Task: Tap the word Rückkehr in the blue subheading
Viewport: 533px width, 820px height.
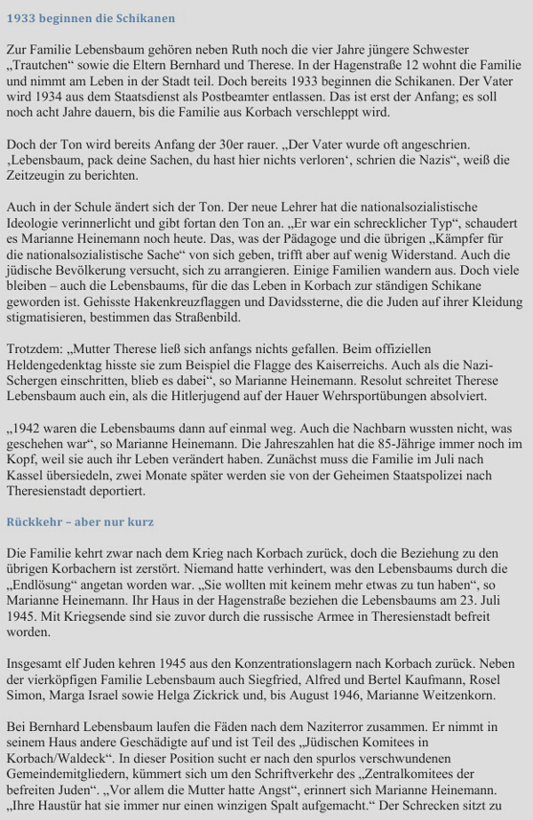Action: click(x=35, y=521)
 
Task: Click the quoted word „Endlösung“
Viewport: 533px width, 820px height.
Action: click(x=44, y=584)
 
